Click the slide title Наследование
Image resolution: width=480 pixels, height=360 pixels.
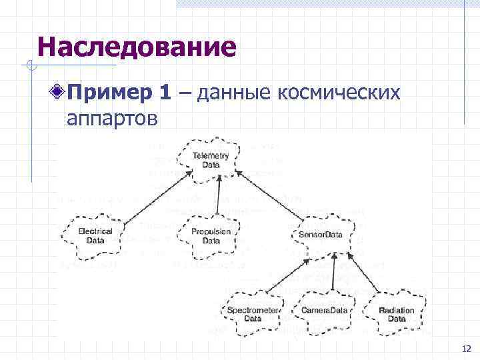137,47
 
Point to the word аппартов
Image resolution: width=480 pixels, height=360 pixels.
112,119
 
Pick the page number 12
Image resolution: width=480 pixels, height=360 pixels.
465,349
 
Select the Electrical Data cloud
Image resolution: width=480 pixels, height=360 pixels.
95,236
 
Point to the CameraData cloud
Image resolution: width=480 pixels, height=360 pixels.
325,311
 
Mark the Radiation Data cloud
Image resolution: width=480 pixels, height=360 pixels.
396,314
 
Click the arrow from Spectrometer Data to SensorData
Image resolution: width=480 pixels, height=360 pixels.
300,273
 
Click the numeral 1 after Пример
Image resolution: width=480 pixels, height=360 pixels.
165,93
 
